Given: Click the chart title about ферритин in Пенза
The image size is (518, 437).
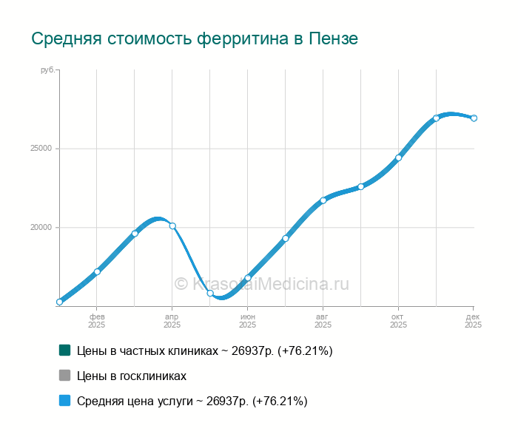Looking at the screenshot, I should point(194,38).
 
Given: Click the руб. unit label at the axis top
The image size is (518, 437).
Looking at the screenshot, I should point(47,70).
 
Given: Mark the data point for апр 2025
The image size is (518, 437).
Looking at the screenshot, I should point(172,226).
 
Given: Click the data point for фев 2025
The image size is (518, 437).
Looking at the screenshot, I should point(97,271).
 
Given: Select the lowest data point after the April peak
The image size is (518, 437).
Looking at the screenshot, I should point(210,294).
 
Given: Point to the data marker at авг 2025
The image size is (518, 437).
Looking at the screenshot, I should point(323,200).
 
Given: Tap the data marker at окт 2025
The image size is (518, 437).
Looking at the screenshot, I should point(398,157).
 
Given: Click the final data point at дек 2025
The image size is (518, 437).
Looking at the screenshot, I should point(474,118).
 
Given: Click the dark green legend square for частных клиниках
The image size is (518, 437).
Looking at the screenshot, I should point(64,350).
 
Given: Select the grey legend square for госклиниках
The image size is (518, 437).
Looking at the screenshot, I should point(64,376).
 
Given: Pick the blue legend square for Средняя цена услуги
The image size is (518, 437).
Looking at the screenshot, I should point(64,401).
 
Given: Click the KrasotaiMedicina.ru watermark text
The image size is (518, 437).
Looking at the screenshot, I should point(261,284).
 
